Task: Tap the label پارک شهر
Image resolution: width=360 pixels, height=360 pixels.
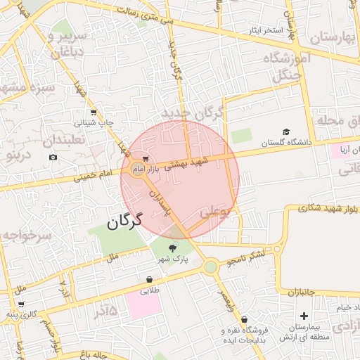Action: [x=174, y=259]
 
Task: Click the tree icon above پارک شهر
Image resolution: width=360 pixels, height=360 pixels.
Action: [x=174, y=247]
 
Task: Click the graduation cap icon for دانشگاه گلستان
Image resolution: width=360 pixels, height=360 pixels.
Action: [x=286, y=131]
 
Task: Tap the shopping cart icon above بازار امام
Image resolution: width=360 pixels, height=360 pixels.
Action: [x=146, y=159]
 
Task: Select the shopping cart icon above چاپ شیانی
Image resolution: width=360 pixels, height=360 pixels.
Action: [x=94, y=112]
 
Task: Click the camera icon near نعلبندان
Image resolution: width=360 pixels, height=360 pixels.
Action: [x=53, y=157]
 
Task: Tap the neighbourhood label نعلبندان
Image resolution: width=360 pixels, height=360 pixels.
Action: [x=63, y=140]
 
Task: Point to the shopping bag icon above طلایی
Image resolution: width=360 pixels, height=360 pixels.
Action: [x=149, y=279]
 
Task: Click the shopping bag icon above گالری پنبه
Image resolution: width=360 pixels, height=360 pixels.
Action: [x=22, y=305]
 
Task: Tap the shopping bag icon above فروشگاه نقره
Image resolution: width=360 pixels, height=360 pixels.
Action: [x=243, y=320]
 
